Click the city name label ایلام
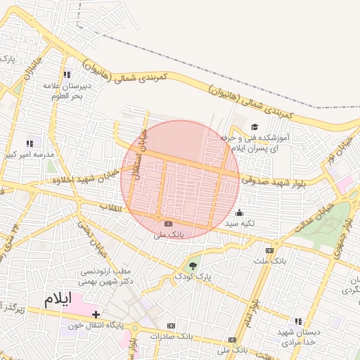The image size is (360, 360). click(58, 298)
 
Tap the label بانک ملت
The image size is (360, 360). click(271, 261)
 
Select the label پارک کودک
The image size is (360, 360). click(193, 277)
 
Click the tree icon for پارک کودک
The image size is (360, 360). click(193, 265)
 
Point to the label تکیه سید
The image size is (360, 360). click(240, 224)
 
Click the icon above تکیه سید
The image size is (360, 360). click(240, 212)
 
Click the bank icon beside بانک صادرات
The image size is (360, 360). click(171, 326)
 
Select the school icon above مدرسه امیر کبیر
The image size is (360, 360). click(30, 143)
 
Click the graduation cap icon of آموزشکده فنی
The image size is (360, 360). click(254, 127)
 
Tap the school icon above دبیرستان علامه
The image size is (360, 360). click(67, 75)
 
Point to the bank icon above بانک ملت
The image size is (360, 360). click(269, 250)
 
